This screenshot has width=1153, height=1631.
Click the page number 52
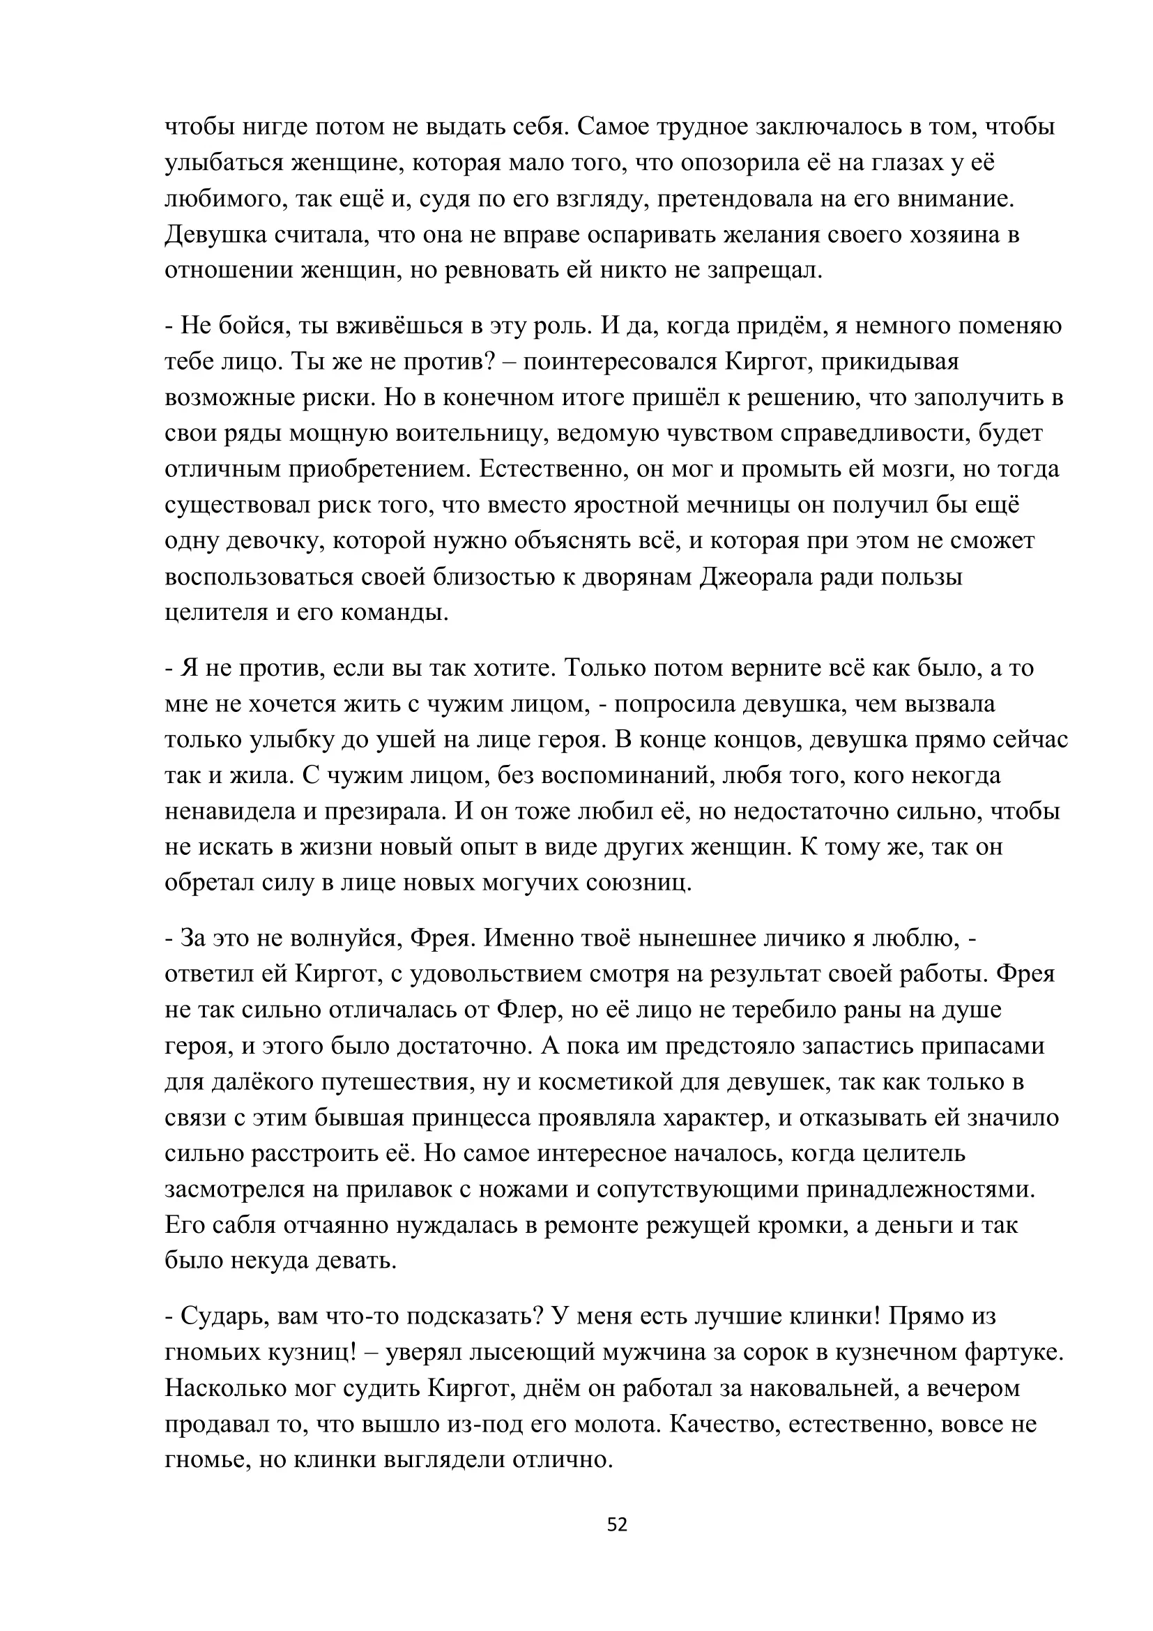pos(617,1524)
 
